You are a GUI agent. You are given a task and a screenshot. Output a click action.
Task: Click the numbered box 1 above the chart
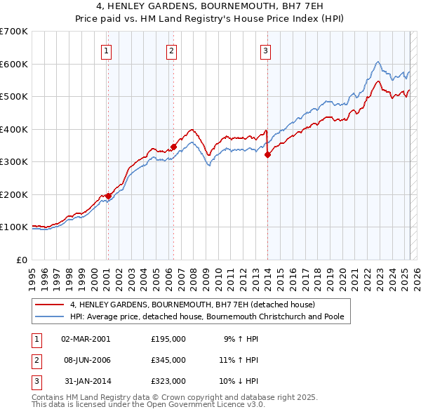click(x=106, y=50)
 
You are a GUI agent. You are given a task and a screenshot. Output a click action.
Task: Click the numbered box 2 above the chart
click(x=171, y=50)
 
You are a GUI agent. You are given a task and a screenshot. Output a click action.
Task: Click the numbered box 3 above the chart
click(x=266, y=50)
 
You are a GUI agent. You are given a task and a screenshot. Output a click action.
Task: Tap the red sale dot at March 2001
click(x=108, y=196)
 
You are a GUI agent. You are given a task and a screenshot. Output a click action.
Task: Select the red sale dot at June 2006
click(x=173, y=147)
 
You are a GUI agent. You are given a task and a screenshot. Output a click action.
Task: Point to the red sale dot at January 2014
click(x=267, y=155)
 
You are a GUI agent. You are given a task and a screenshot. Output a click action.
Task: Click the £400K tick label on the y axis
click(x=14, y=129)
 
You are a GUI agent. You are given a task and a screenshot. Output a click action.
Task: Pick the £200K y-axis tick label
click(x=14, y=194)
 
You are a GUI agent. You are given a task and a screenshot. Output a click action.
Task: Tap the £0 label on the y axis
click(x=22, y=260)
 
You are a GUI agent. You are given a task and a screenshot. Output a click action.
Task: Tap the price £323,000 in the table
click(x=168, y=380)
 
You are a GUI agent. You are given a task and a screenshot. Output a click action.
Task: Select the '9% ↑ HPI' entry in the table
click(x=241, y=338)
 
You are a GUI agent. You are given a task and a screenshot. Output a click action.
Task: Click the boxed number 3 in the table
click(x=35, y=380)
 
